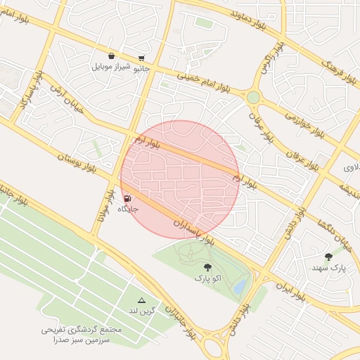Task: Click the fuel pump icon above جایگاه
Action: (127, 199)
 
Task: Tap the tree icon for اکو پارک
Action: (207, 267)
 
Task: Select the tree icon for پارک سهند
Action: (328, 257)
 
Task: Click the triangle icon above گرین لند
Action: (141, 300)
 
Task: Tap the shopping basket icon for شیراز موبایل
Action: (112, 56)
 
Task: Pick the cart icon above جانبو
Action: (142, 58)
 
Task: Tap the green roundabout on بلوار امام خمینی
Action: (253, 97)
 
